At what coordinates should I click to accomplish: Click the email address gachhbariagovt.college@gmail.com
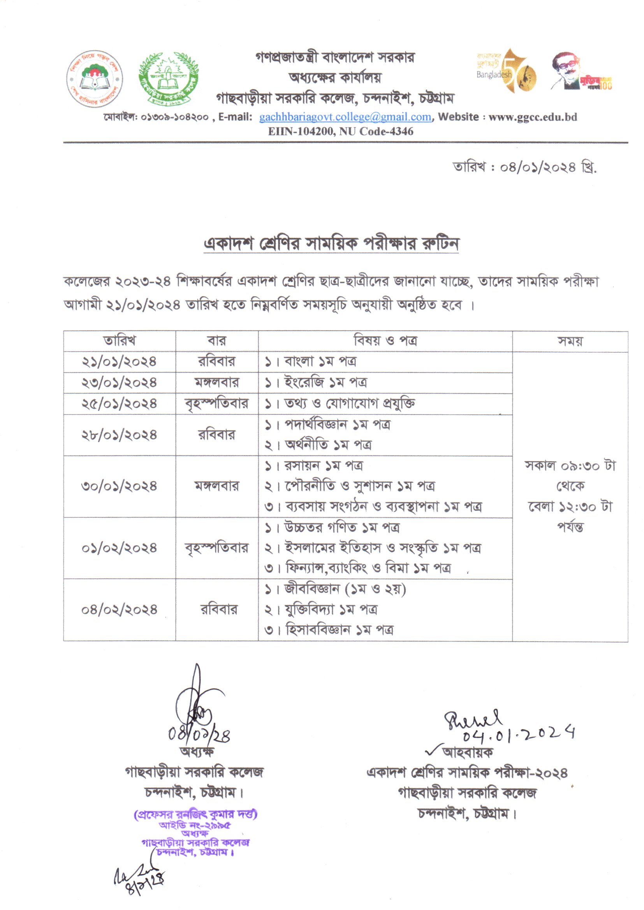(345, 117)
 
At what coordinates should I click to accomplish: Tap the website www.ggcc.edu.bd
(533, 117)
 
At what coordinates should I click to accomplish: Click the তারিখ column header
(120, 341)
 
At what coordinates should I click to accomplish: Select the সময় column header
(570, 341)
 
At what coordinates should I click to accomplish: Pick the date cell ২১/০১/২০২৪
(120, 362)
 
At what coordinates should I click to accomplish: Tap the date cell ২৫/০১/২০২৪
(120, 404)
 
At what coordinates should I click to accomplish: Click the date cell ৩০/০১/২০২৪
(120, 486)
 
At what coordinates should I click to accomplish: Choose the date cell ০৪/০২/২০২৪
(120, 610)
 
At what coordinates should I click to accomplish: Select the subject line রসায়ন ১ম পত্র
(323, 466)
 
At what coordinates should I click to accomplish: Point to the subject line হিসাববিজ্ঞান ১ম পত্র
(339, 630)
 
